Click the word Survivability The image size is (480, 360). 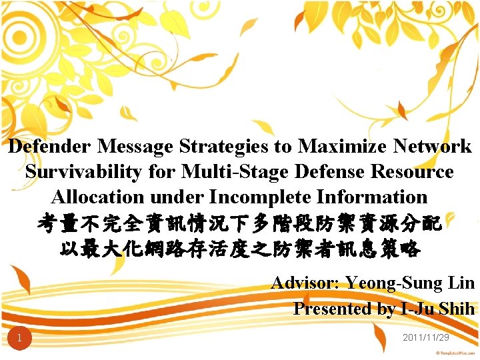coord(84,171)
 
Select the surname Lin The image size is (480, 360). coord(462,283)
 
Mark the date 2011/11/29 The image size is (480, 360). coord(426,338)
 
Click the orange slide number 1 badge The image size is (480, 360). coord(20,339)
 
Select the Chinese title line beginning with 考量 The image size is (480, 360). coord(240,223)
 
